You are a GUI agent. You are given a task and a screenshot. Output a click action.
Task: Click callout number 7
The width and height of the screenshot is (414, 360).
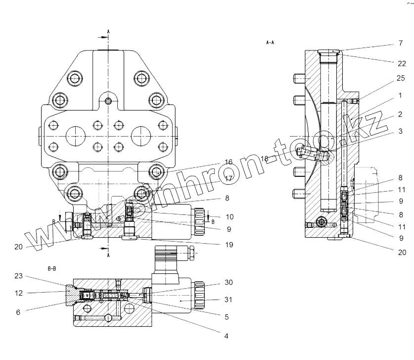pos(400,44)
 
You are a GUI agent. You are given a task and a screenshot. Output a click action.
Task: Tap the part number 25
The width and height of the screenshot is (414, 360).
pos(400,78)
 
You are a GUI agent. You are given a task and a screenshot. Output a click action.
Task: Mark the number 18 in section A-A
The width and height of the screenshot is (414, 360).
pos(264,159)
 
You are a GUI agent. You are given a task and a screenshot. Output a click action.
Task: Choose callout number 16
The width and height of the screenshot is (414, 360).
pos(228,162)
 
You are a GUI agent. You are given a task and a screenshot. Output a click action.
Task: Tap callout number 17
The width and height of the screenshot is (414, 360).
pos(228,178)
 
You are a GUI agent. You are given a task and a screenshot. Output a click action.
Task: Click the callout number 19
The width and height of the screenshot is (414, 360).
pos(228,245)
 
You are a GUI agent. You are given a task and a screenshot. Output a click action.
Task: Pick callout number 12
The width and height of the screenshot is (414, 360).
pos(19,293)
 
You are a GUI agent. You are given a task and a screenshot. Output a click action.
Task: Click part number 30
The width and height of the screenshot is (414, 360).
pos(228,283)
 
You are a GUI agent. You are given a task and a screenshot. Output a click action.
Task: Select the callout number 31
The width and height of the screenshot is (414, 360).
pos(228,300)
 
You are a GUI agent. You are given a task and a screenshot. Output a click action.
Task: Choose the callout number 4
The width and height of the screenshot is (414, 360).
pos(226,336)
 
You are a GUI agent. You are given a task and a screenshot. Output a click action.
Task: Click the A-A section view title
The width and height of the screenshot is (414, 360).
pos(270,43)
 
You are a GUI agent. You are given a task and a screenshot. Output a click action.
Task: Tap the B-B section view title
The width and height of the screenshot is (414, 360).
pos(52,268)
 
